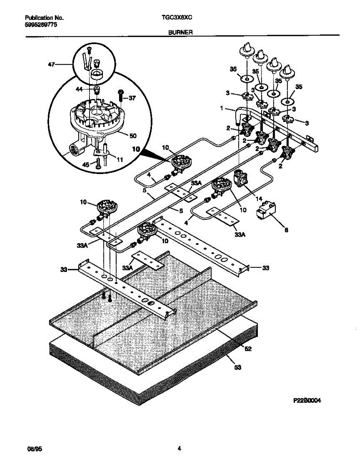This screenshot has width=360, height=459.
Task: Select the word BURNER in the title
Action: click(180, 33)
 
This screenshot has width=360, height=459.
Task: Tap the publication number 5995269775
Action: click(42, 24)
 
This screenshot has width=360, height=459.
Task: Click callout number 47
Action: click(51, 65)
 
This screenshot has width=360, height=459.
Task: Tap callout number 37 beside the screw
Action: click(132, 98)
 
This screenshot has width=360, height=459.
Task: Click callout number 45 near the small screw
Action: click(86, 164)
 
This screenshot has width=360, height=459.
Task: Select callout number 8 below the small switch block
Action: click(286, 230)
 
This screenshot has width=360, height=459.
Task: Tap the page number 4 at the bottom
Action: click(179, 448)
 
